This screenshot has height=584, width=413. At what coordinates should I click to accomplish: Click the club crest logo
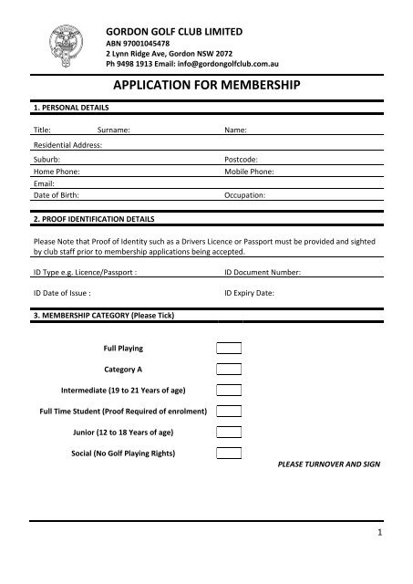click(x=67, y=39)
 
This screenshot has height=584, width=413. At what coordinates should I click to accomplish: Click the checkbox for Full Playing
click(x=229, y=349)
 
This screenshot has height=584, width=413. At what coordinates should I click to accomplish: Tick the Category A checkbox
click(x=229, y=370)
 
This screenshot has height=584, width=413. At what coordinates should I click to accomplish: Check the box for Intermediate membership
click(x=229, y=391)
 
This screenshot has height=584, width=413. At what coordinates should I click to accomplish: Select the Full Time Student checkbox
click(x=229, y=412)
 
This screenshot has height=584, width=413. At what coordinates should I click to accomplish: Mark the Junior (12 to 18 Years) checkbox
click(x=229, y=433)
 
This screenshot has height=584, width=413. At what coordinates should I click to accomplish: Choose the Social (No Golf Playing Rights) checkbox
click(x=229, y=454)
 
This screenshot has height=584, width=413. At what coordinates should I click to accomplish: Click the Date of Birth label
click(x=57, y=195)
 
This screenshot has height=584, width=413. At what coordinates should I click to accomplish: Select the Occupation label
click(x=245, y=195)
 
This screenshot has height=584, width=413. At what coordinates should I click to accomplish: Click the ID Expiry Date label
click(x=252, y=293)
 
